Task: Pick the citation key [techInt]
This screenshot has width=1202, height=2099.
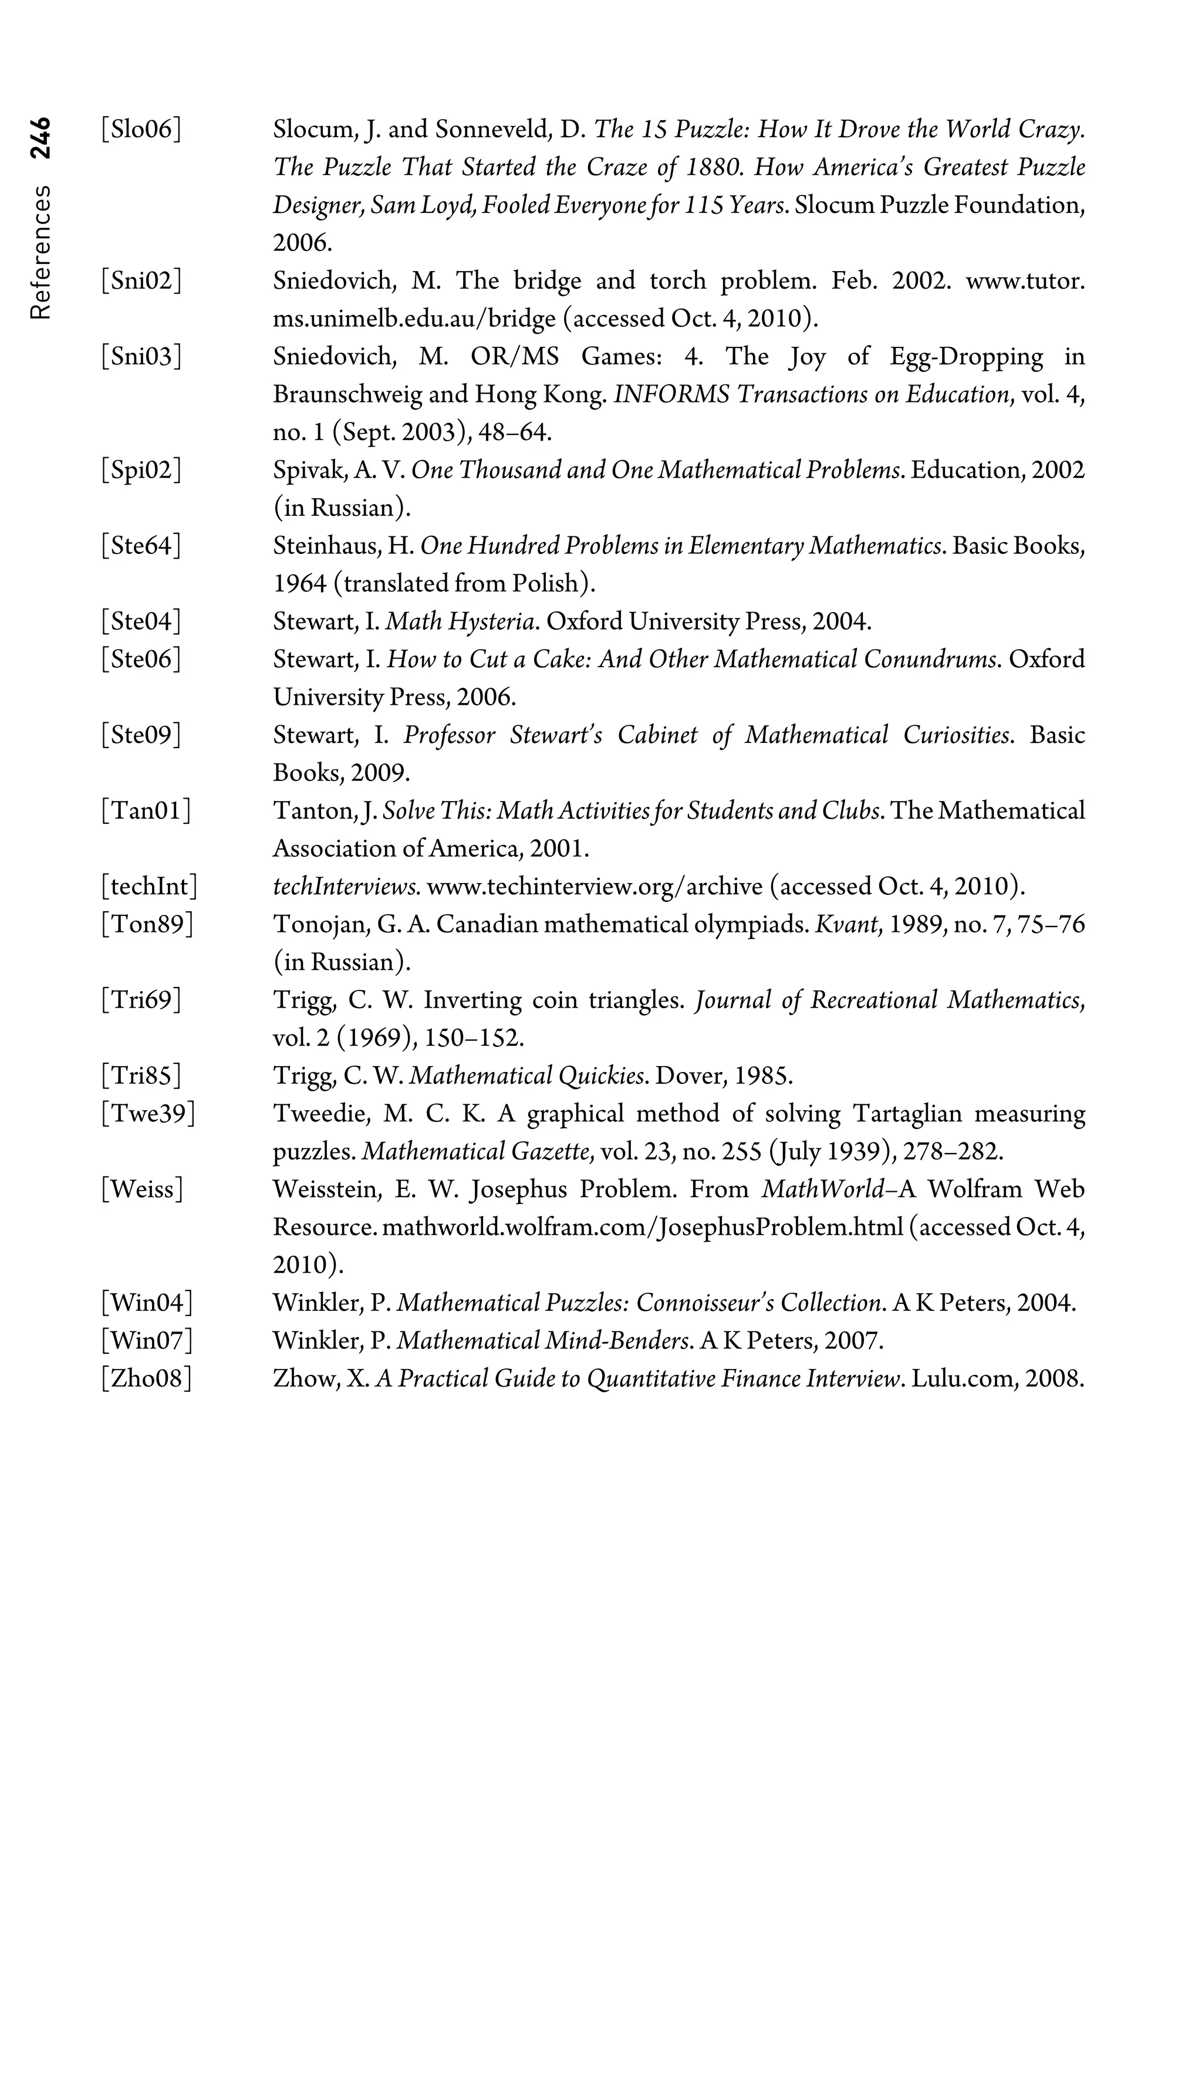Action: coord(150,887)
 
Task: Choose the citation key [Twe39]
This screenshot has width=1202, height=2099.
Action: coord(148,1114)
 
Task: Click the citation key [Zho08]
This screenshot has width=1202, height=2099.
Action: coord(146,1378)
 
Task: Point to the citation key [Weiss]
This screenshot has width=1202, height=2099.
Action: coord(142,1189)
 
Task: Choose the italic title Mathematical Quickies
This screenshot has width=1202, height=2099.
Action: coord(528,1076)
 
